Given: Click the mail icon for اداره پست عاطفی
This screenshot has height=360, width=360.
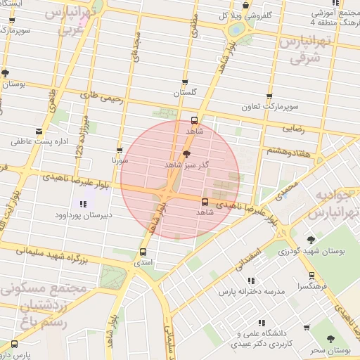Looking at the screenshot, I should pos(39,131).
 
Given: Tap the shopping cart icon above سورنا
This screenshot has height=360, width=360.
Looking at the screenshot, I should pos(119,150).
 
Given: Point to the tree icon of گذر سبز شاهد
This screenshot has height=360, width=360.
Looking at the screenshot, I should pos(186,153).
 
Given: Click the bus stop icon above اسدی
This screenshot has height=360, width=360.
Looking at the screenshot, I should pos(143,251).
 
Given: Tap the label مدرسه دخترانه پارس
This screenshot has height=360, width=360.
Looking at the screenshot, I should pos(250,291).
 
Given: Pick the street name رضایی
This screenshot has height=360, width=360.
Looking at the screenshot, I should pos(293,129).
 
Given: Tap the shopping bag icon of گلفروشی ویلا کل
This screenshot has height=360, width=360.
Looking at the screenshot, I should pos(245,6).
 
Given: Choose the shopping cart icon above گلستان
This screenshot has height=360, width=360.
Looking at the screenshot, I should pos(185,82).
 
